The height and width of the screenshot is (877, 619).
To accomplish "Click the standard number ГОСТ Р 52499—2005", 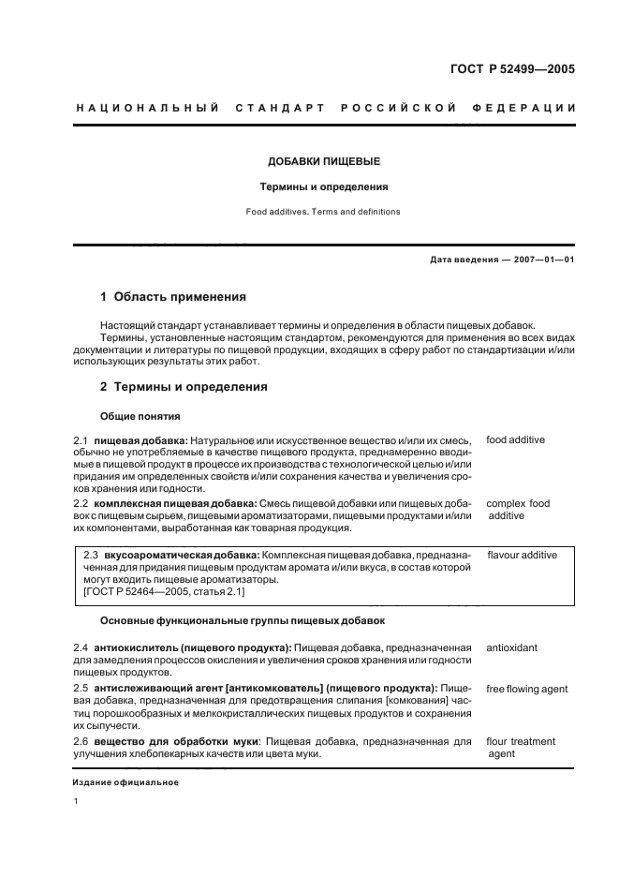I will [514, 68].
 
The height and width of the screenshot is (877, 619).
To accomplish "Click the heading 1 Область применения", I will [173, 297].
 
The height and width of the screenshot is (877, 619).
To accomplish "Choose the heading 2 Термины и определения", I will [184, 386].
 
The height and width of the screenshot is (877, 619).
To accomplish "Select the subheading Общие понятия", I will [140, 416].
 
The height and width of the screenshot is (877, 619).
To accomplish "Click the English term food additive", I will [515, 439].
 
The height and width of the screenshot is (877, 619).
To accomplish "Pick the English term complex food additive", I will [517, 510].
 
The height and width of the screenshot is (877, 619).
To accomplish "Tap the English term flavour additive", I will [522, 555].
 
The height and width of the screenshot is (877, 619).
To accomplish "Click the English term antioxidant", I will [511, 647].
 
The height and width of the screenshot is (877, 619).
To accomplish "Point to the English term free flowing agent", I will [526, 690].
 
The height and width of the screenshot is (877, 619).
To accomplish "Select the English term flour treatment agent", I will [520, 748].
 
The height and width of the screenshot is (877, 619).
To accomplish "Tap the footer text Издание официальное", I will [125, 782].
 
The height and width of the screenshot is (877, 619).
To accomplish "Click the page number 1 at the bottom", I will [76, 802].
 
